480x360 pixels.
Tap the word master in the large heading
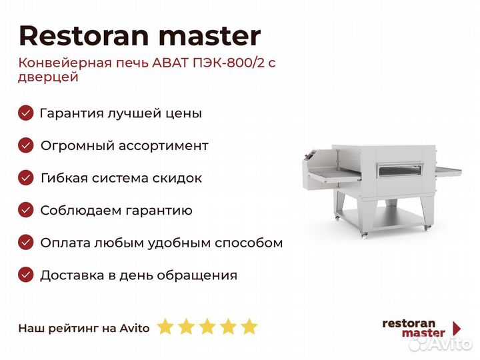coord(210,37)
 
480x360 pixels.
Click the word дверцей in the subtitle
coord(49,77)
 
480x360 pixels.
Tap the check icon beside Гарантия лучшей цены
coord(26,113)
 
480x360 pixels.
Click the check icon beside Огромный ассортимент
coord(26,145)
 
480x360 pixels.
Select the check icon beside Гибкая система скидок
coord(26,178)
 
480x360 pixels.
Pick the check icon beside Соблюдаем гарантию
coord(26,210)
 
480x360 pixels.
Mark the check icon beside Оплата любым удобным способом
coord(26,243)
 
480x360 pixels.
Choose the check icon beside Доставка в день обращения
coord(26,275)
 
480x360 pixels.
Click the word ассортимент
coord(163,146)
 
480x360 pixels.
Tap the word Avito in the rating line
coord(135,328)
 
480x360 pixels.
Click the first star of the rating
coord(165,326)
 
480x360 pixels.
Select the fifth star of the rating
coord(249,326)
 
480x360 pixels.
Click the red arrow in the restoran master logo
coord(457,328)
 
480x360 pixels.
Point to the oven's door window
coord(399,171)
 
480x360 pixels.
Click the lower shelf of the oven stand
coord(382,219)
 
